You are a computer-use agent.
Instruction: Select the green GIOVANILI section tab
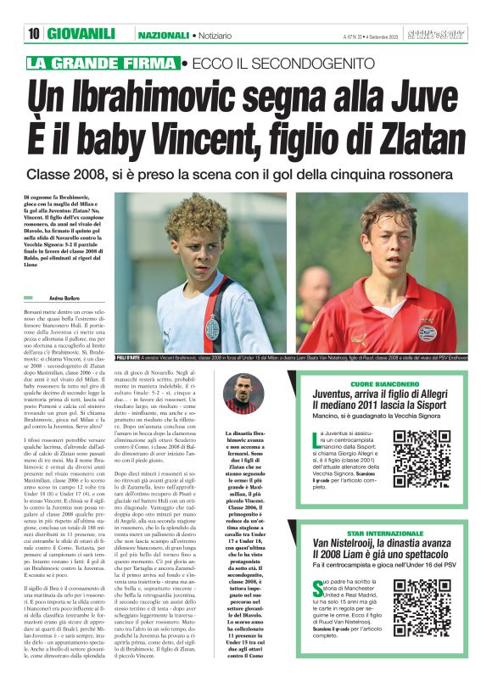[x=81, y=34]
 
